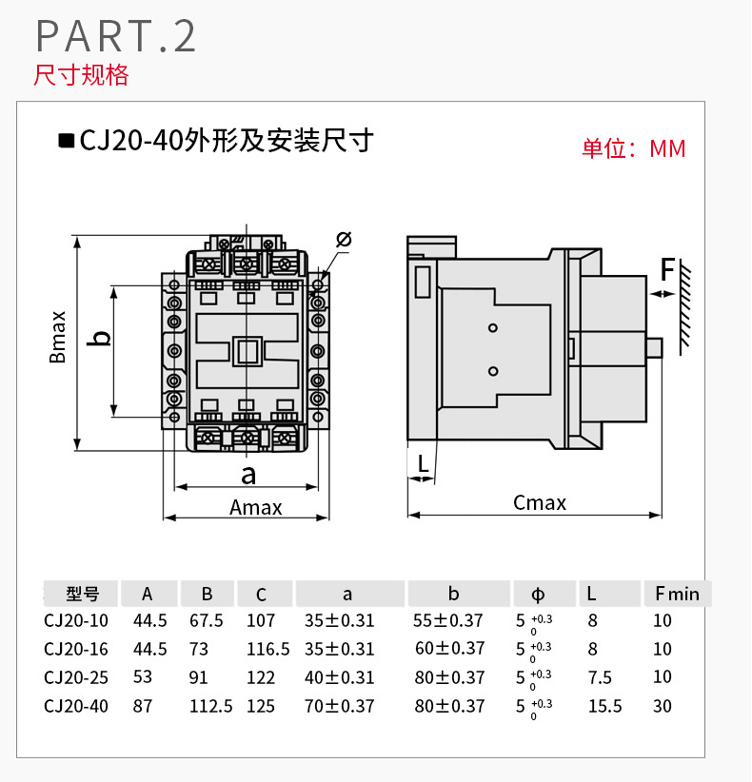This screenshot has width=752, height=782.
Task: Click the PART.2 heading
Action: pos(116,35)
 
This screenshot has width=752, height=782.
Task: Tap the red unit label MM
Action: pos(667,148)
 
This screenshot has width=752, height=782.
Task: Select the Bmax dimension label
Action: pos(59,337)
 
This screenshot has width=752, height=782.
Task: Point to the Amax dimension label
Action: pos(256,507)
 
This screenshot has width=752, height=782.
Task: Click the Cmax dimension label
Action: pos(540,502)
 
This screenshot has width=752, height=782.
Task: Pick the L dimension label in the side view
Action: pos(422,464)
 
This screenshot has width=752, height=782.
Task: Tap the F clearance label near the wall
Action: pos(668,269)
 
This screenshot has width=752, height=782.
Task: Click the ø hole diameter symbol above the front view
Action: pos(344,239)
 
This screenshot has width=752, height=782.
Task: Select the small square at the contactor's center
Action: pos(249,352)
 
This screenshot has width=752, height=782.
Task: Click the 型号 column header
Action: pos(83,594)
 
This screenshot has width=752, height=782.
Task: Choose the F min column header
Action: pos(677,594)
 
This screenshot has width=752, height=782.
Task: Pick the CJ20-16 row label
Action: pos(76,649)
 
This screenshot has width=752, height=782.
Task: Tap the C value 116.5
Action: pos(267,649)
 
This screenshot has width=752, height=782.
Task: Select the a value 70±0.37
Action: pos(340,706)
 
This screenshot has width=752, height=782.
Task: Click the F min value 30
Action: pos(663,706)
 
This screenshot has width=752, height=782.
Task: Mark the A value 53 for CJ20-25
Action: pos(145,677)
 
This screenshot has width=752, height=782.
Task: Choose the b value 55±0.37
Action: pos(449,620)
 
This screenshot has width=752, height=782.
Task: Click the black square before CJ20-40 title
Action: pos(66,141)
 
